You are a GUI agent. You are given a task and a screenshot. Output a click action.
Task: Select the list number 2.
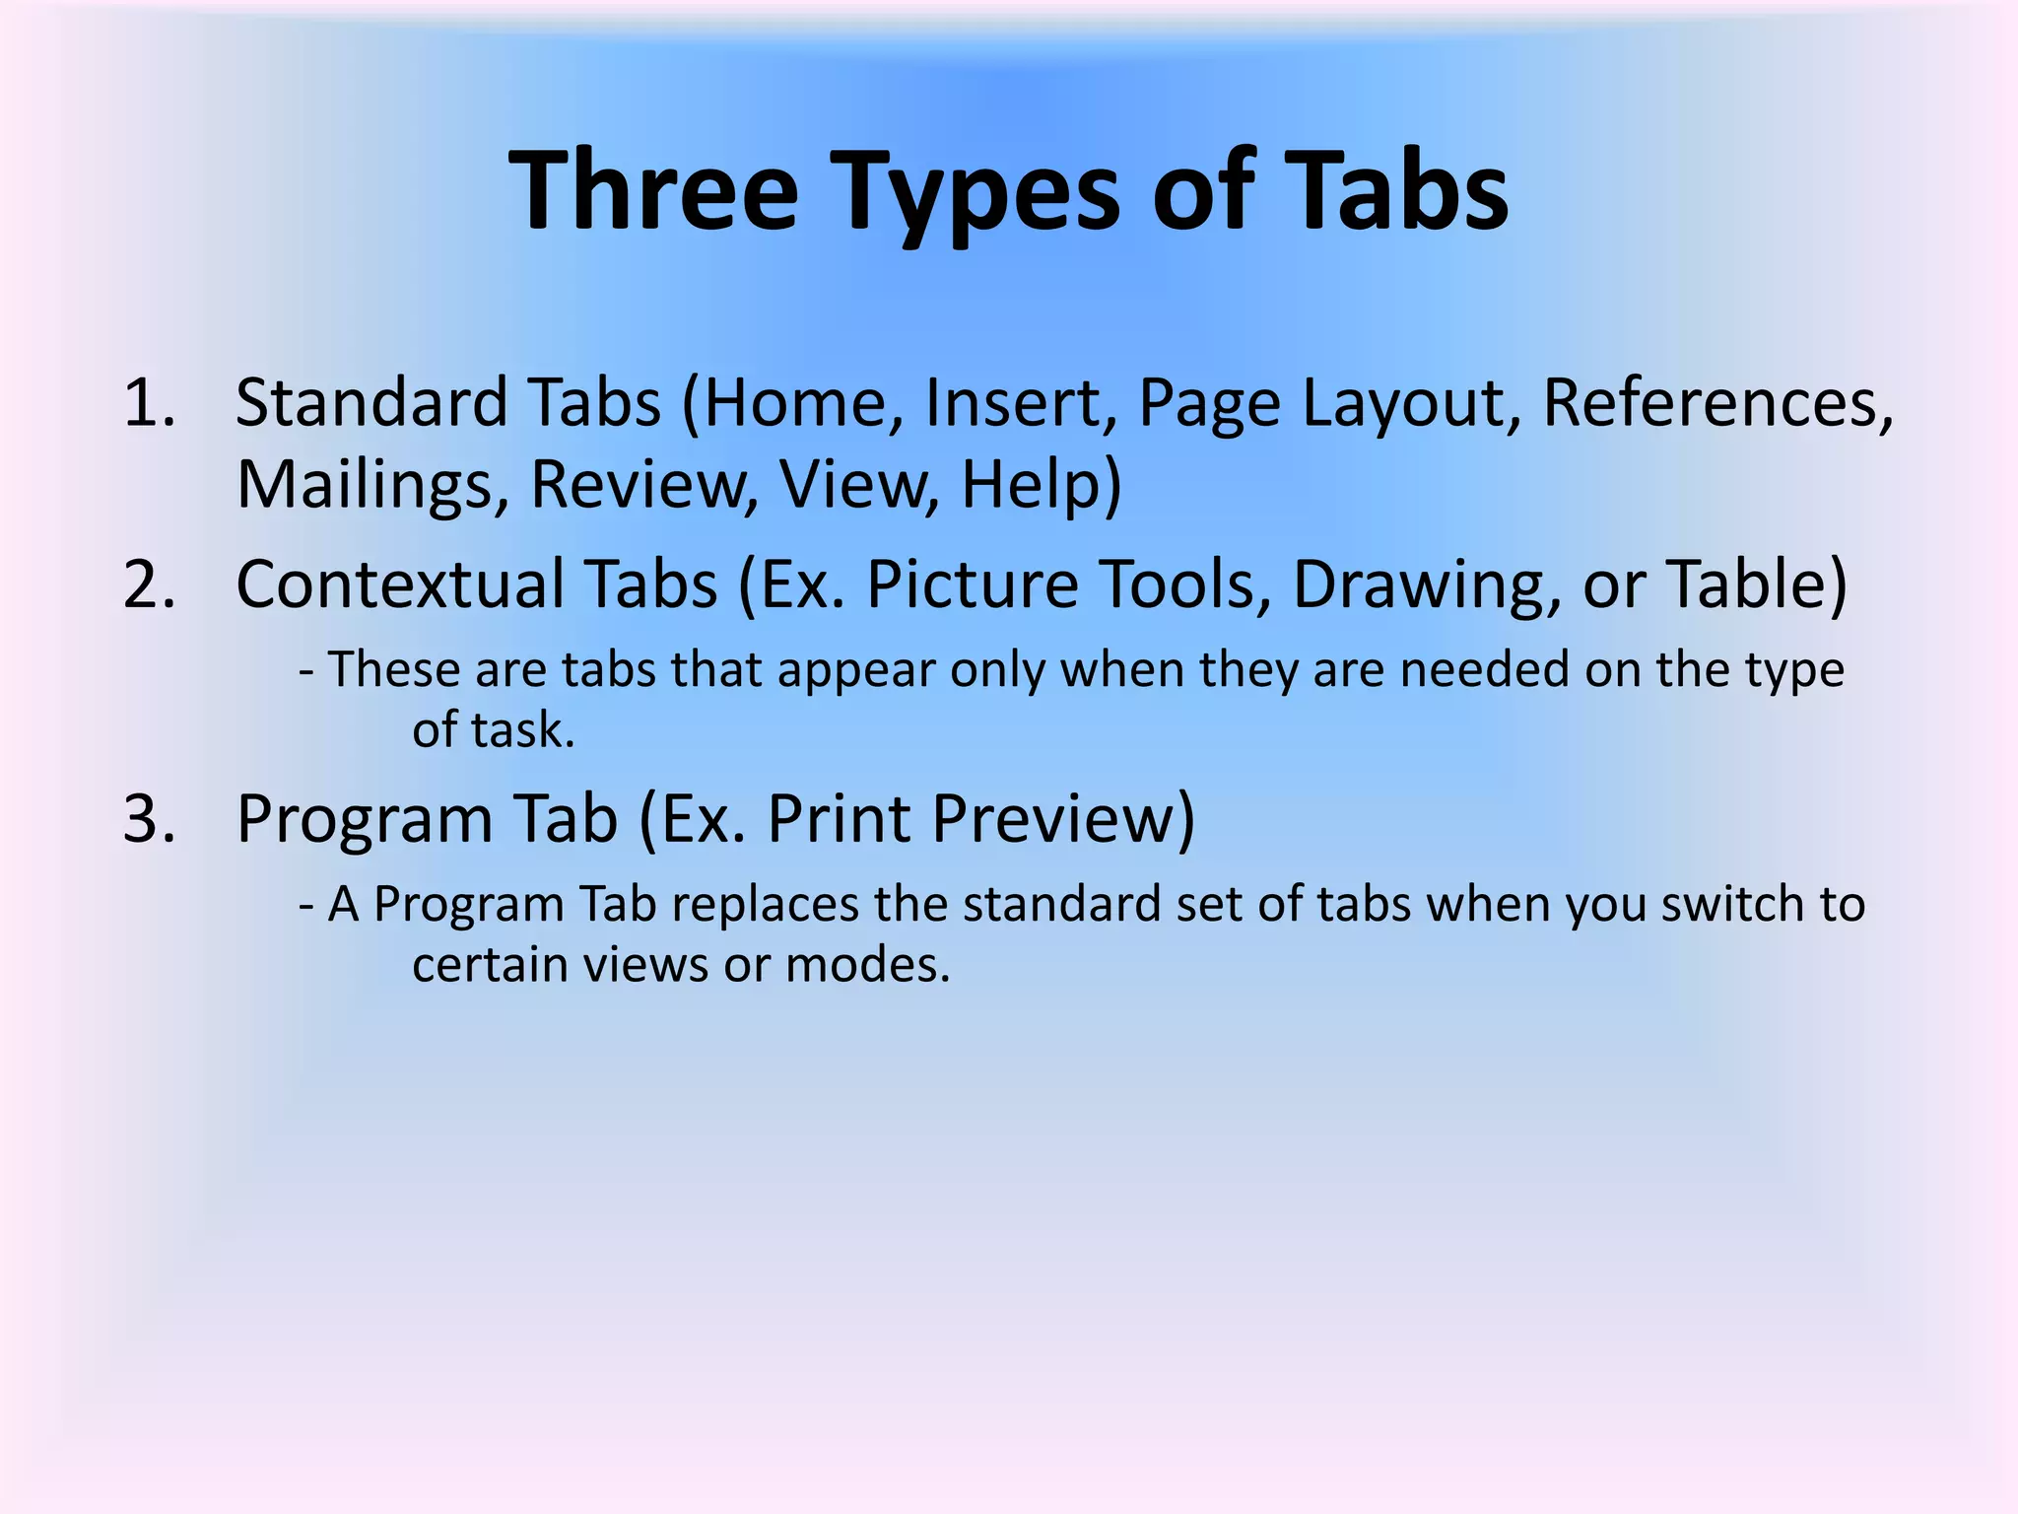click(149, 584)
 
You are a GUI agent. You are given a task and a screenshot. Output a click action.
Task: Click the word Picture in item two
click(972, 584)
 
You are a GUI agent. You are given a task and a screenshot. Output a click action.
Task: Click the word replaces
click(765, 904)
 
